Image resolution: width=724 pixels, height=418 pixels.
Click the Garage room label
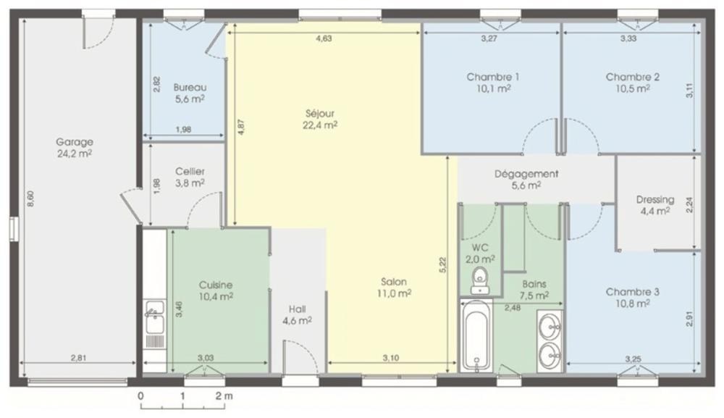click(75, 142)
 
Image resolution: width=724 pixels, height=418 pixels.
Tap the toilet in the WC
click(480, 280)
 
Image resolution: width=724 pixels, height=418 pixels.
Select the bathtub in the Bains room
click(476, 335)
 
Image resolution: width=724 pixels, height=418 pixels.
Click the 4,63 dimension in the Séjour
click(324, 39)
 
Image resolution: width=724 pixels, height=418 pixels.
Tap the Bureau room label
click(190, 88)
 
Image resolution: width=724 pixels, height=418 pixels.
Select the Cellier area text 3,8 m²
click(190, 183)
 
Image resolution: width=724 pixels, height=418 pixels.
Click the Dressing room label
click(655, 200)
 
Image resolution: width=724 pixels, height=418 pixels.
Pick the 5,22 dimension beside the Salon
click(443, 266)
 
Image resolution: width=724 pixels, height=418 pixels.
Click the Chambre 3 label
click(633, 292)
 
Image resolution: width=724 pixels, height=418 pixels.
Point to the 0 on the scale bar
click(141, 396)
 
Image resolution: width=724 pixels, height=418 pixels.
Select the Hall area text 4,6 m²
click(297, 320)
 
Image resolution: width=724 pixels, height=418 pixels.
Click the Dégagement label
click(526, 174)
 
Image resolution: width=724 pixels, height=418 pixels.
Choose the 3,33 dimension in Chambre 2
click(628, 39)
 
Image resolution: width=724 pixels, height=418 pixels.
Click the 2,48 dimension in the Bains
click(513, 308)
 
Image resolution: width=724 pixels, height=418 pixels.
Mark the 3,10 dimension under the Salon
click(391, 358)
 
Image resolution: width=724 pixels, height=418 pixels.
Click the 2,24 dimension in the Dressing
click(689, 204)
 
